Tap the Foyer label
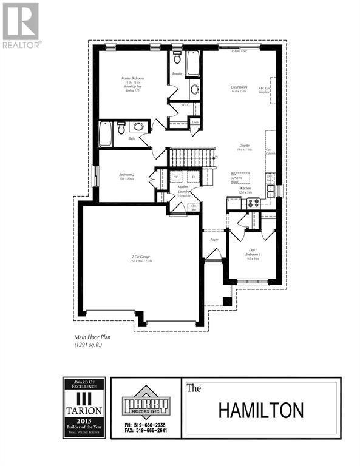click(214, 240)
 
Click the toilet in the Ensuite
click(177, 58)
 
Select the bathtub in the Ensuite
click(194, 63)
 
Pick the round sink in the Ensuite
click(195, 90)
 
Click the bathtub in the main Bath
click(106, 133)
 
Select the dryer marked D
click(192, 177)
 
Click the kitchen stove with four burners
click(253, 203)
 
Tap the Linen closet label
click(195, 122)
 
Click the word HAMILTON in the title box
click(260, 410)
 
